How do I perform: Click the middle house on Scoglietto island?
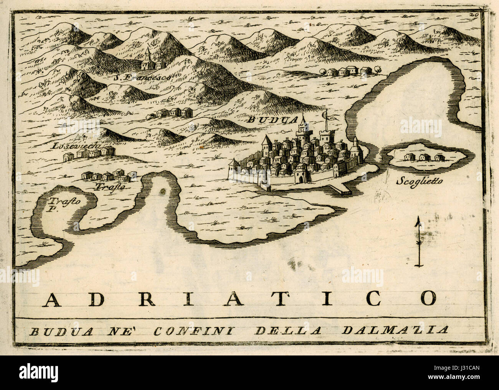424,157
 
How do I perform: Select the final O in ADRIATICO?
427,298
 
